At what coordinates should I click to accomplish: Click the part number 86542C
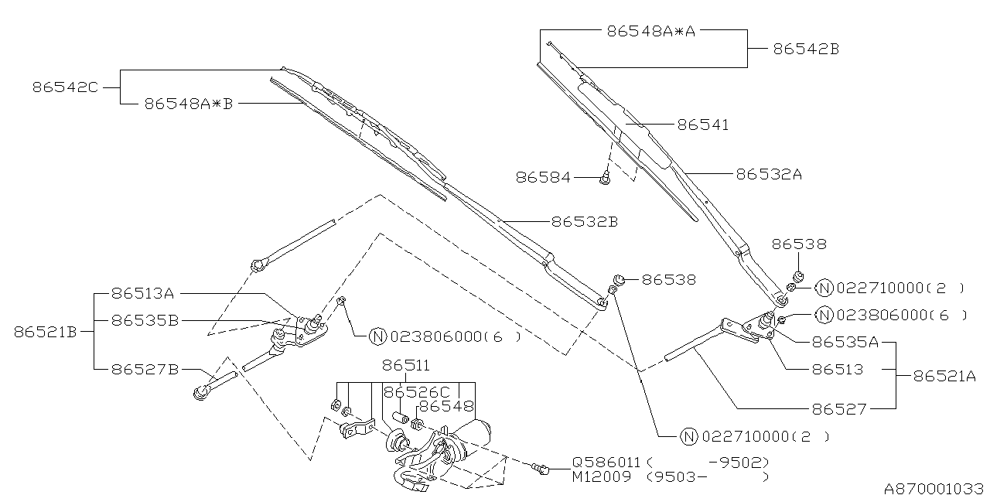tap(65, 87)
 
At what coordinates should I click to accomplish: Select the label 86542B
tap(806, 49)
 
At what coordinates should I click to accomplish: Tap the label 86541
tap(702, 124)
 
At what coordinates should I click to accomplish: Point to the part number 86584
tap(543, 178)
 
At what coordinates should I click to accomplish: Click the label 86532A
tap(768, 175)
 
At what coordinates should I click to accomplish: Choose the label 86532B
tap(584, 222)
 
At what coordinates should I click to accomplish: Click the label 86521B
tap(45, 332)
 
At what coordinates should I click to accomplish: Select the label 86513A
tap(142, 293)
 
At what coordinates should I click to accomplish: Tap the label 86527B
tap(145, 370)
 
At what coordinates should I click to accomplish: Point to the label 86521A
tap(944, 376)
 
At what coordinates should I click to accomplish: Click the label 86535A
tap(845, 341)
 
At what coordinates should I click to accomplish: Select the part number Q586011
tap(607, 462)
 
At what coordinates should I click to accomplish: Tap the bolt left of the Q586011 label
tap(541, 467)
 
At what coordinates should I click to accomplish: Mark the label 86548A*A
tap(651, 31)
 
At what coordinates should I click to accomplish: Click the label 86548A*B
tap(188, 103)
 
